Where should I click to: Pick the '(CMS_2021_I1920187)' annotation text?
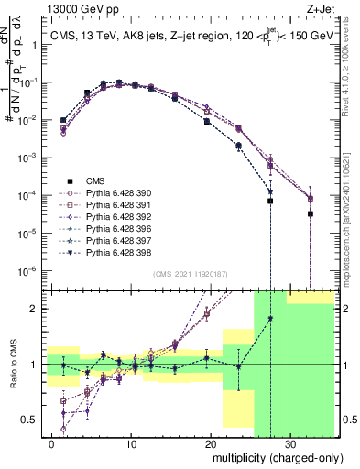coord(191,274)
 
